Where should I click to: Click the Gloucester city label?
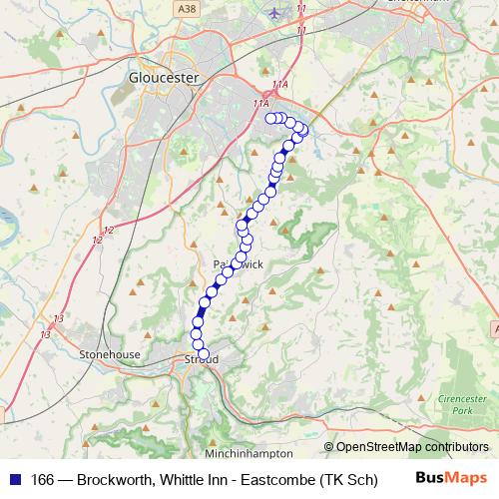(x=165, y=76)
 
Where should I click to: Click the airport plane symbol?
(x=275, y=12)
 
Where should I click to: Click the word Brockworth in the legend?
(x=115, y=480)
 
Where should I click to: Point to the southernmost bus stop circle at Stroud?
(x=205, y=354)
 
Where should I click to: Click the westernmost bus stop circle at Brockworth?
(x=269, y=118)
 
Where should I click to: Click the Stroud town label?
(x=203, y=359)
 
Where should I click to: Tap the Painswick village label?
(x=238, y=263)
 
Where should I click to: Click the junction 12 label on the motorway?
(x=107, y=233)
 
